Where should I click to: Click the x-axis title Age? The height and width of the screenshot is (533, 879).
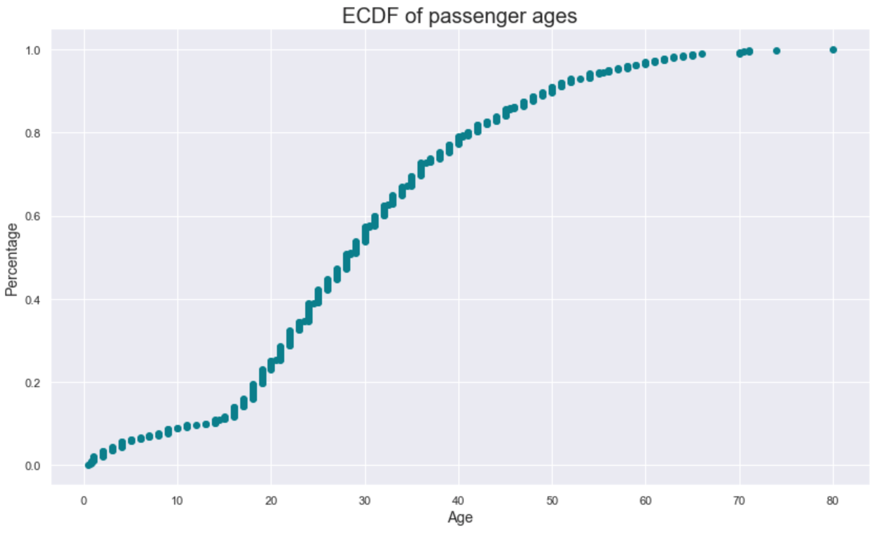pyautogui.click(x=460, y=518)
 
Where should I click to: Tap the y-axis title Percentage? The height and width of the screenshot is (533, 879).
pyautogui.click(x=12, y=260)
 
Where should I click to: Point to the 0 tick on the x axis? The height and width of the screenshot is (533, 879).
pyautogui.click(x=83, y=501)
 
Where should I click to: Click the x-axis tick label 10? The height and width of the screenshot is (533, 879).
pyautogui.click(x=177, y=501)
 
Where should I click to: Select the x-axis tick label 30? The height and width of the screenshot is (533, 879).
pyautogui.click(x=365, y=501)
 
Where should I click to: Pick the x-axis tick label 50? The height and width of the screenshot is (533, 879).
pyautogui.click(x=552, y=501)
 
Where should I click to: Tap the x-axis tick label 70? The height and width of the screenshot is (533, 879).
pyautogui.click(x=739, y=501)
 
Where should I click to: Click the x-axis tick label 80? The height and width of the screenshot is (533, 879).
pyautogui.click(x=832, y=501)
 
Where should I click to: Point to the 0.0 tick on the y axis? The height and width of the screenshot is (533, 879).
pyautogui.click(x=33, y=466)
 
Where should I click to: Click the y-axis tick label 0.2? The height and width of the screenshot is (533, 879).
pyautogui.click(x=33, y=382)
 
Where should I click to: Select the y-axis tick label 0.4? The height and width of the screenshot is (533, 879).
pyautogui.click(x=33, y=300)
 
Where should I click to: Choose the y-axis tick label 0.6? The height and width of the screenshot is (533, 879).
pyautogui.click(x=33, y=217)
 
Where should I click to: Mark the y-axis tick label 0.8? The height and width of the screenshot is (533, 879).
pyautogui.click(x=33, y=133)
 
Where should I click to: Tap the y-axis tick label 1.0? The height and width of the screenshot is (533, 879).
pyautogui.click(x=33, y=51)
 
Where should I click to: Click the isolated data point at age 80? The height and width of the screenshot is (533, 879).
pyautogui.click(x=833, y=50)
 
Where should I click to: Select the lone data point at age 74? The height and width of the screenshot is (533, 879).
pyautogui.click(x=777, y=51)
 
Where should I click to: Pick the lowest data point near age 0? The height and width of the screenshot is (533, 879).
pyautogui.click(x=88, y=465)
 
